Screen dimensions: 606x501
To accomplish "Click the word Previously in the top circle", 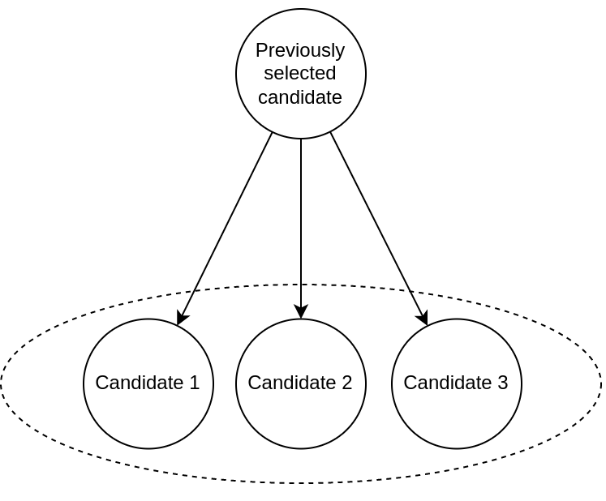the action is pos(299,50).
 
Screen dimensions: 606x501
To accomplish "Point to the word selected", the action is pos(299,74).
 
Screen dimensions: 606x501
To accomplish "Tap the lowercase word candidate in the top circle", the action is pos(299,97).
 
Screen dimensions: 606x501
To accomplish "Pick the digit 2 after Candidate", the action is pos(346,383).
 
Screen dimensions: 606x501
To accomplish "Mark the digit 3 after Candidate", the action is pos(502,383).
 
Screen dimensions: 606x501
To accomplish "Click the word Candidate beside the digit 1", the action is pos(140,383).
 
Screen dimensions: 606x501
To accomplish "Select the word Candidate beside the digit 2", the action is pos(292,383).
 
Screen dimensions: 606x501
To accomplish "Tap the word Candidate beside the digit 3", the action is pos(448,383).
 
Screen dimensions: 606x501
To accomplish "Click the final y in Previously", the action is pos(341,53).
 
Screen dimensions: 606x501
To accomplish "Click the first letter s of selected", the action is pos(269,75).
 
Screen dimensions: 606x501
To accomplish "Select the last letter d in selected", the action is pos(331,74).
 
